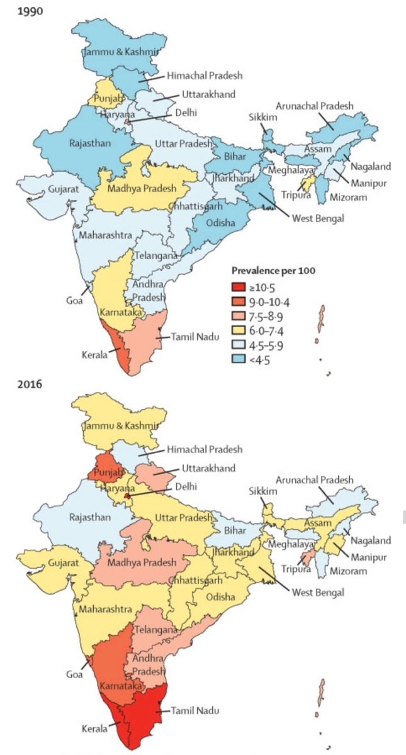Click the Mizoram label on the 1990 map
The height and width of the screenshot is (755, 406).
(351, 198)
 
